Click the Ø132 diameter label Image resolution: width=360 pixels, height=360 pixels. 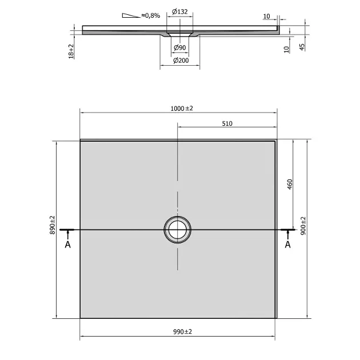[x=180, y=11]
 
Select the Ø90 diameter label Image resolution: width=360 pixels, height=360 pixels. [x=180, y=47]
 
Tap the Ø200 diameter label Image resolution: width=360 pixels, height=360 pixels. [x=181, y=61]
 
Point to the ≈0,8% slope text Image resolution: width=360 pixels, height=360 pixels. [x=151, y=15]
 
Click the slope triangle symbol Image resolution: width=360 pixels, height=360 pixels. [x=130, y=15]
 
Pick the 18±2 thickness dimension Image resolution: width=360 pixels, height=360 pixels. [x=71, y=51]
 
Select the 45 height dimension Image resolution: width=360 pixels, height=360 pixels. [x=302, y=47]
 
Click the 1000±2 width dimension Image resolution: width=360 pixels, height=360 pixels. [x=182, y=109]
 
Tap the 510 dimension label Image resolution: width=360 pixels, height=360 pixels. [x=227, y=123]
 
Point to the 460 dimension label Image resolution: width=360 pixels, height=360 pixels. [x=290, y=184]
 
